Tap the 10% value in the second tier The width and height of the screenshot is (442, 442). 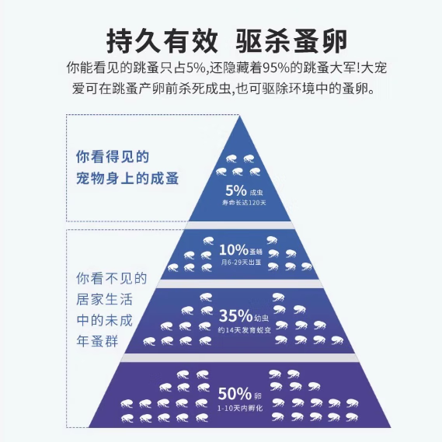(234, 250)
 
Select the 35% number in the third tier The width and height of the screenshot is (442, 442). (235, 315)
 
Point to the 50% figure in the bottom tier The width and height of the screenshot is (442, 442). (235, 394)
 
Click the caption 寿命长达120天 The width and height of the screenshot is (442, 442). (244, 203)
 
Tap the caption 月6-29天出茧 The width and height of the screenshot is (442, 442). (241, 263)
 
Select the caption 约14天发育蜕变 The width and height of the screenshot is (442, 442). (245, 330)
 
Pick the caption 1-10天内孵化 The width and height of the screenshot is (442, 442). (240, 408)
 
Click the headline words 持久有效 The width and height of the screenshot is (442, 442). (162, 41)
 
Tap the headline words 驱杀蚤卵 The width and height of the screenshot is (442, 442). (291, 41)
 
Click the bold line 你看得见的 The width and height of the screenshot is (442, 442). (112, 157)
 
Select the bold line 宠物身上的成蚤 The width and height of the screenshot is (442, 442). (127, 178)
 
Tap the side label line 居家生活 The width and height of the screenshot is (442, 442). (104, 299)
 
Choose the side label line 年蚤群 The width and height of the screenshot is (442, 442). (97, 341)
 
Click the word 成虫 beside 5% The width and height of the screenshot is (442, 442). (256, 193)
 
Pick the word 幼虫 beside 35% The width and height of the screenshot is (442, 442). (262, 318)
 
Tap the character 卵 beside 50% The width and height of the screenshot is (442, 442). (258, 396)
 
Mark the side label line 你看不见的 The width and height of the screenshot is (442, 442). (112, 279)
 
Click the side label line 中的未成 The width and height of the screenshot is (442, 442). (104, 320)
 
